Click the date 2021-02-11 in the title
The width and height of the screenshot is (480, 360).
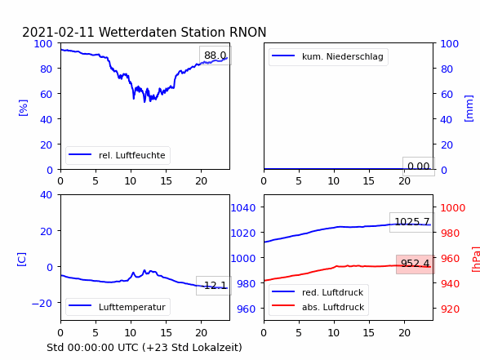point(58,32)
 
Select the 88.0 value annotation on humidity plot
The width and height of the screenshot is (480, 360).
point(216,56)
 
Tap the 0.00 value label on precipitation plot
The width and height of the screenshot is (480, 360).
point(419,167)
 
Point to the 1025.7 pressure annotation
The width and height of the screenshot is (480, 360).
point(412,222)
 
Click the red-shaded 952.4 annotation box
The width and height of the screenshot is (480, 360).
point(415,264)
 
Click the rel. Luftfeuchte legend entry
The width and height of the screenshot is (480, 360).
point(118,155)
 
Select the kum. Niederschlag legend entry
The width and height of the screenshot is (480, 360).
point(328,56)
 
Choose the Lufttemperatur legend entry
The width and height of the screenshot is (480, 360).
point(118,307)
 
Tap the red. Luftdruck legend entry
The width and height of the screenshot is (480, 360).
point(318,292)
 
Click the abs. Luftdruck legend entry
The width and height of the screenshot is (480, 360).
point(318,307)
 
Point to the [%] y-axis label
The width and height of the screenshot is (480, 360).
point(23,108)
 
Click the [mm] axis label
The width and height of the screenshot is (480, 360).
point(469,109)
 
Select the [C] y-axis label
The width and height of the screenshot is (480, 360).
point(22,260)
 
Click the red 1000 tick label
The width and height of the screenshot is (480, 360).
point(453,208)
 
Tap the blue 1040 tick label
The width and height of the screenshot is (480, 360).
point(243,208)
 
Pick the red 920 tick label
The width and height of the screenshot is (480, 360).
point(450,309)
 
